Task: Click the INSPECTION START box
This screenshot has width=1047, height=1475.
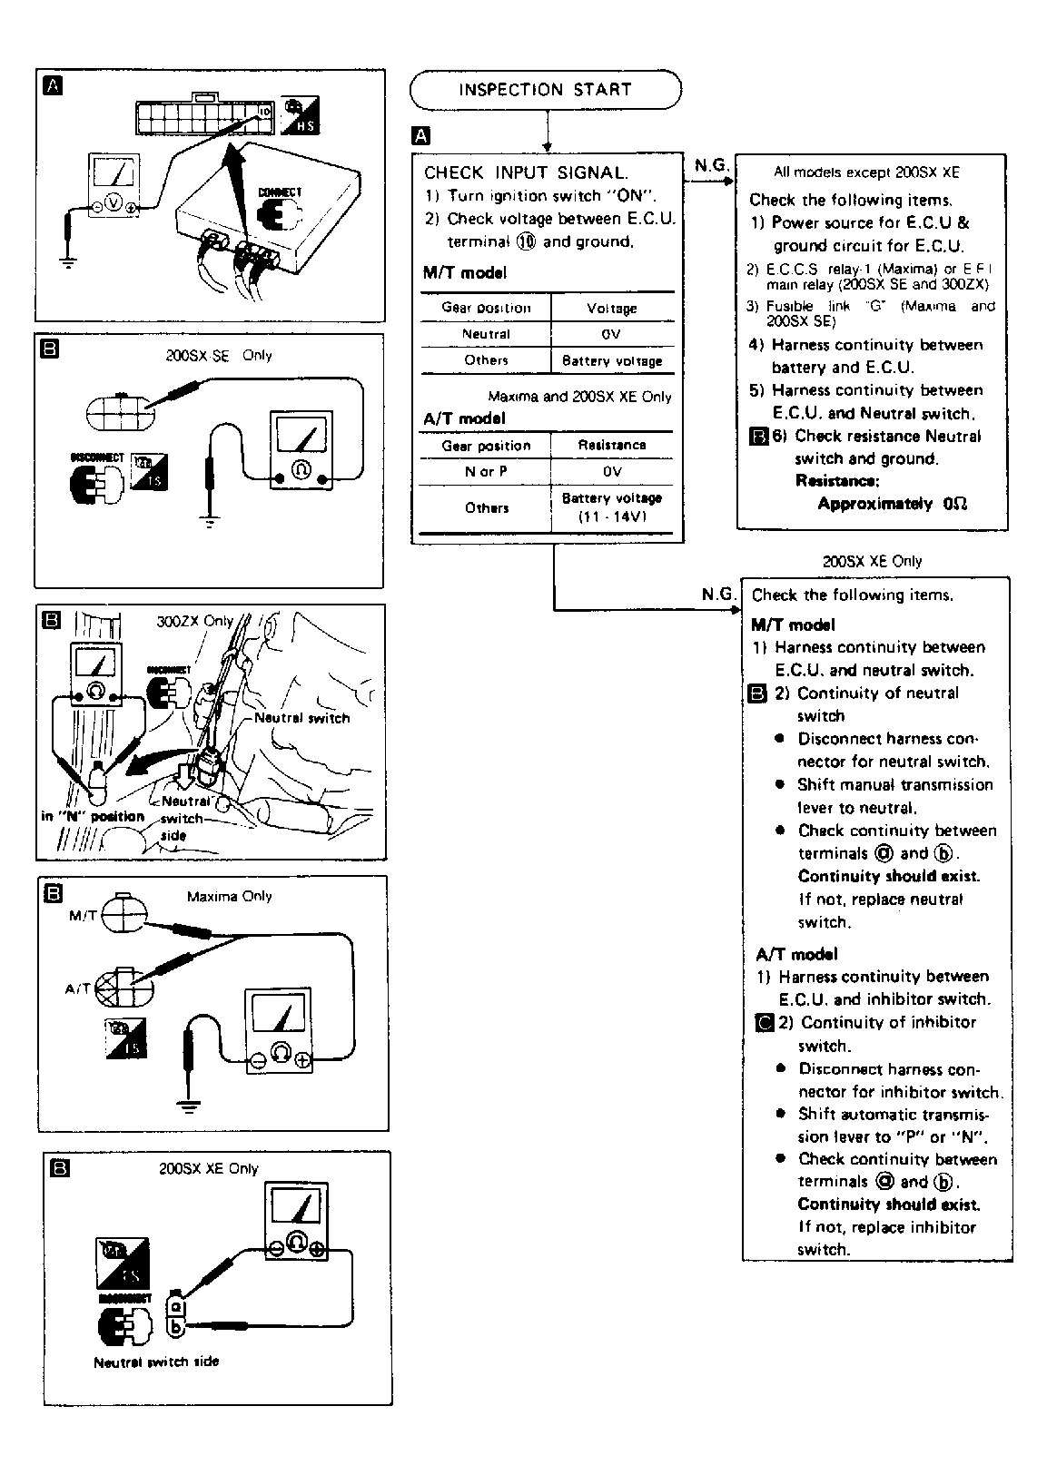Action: (545, 90)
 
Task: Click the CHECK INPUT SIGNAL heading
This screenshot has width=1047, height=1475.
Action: (525, 172)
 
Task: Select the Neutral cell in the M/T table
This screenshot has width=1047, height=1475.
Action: (487, 334)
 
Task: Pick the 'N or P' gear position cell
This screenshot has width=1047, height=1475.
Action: (487, 472)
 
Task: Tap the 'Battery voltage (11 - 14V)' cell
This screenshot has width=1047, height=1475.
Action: (612, 507)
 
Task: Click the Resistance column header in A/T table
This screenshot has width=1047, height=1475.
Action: (612, 445)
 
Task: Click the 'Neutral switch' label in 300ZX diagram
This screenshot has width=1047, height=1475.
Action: (301, 718)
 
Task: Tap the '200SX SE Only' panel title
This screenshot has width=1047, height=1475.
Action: (218, 356)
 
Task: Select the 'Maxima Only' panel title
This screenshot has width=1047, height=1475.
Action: (229, 896)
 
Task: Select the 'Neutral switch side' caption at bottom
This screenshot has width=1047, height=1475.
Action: (156, 1362)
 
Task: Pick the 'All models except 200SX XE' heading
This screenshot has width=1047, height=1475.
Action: (866, 172)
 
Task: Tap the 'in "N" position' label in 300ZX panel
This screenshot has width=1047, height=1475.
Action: (93, 816)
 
